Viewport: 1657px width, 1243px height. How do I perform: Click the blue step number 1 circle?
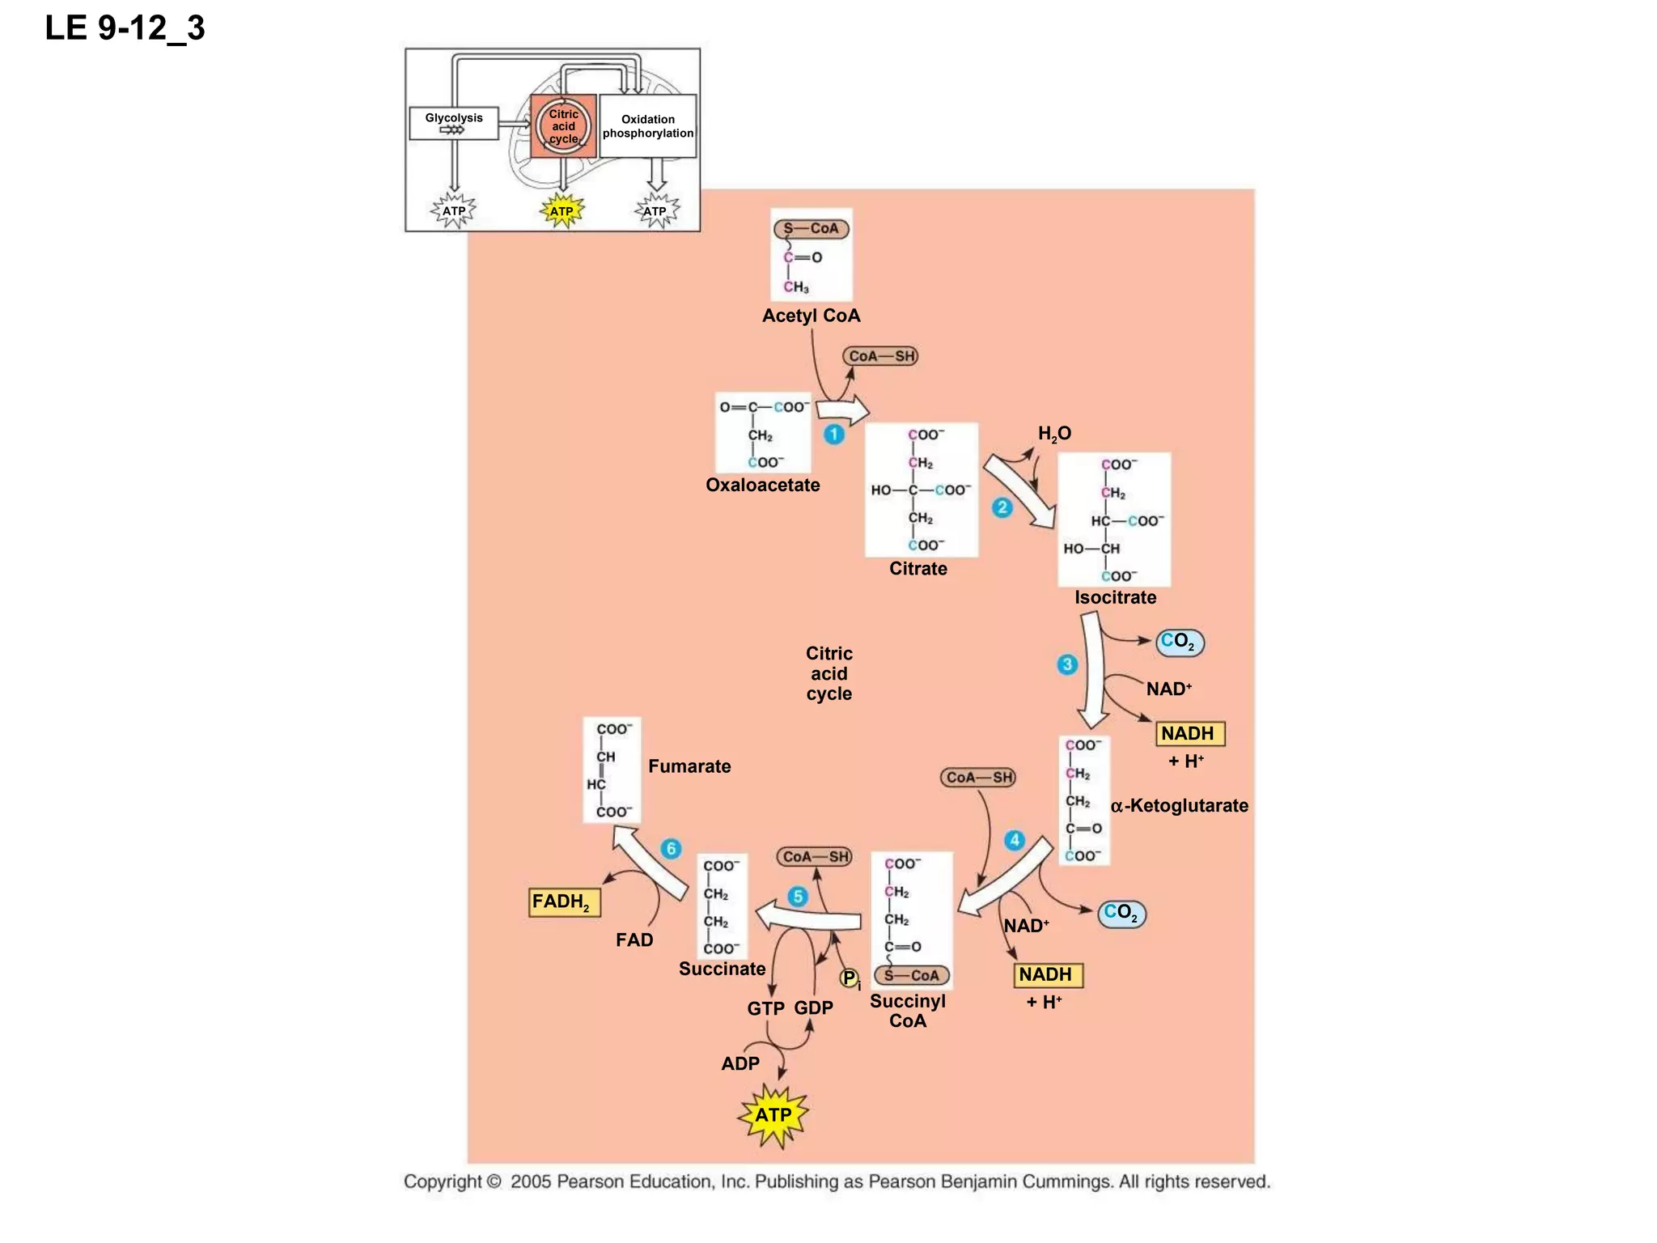click(x=834, y=435)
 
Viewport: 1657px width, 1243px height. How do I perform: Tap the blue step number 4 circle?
click(x=1014, y=840)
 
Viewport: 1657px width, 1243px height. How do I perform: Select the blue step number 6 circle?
click(x=671, y=849)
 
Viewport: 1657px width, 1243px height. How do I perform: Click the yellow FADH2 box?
click(x=564, y=902)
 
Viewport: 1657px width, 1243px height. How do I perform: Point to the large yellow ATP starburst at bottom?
click(x=773, y=1115)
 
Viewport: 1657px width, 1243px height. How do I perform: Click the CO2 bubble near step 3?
click(x=1180, y=643)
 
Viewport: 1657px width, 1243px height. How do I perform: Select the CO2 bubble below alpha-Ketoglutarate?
click(x=1122, y=914)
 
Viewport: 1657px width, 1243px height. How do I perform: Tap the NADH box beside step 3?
click(x=1189, y=734)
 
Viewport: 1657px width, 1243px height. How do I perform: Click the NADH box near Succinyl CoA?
click(x=1047, y=975)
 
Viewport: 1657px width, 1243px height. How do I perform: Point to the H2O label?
click(x=1054, y=434)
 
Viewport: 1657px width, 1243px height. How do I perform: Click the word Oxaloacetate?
click(x=762, y=486)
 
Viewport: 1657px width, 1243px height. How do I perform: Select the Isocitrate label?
click(x=1115, y=598)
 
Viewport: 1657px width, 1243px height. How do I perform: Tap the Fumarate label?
click(x=689, y=766)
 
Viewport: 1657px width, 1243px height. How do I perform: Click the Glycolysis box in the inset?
click(x=454, y=124)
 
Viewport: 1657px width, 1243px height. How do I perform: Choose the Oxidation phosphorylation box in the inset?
click(x=647, y=126)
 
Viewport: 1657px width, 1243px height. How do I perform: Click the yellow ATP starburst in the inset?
click(x=562, y=211)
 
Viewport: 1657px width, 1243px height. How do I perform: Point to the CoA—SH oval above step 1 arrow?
click(x=880, y=356)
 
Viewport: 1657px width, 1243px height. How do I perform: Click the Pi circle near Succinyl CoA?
click(x=849, y=978)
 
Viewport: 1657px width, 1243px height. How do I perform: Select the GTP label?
click(x=765, y=1009)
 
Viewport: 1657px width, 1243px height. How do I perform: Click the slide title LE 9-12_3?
click(x=125, y=28)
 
